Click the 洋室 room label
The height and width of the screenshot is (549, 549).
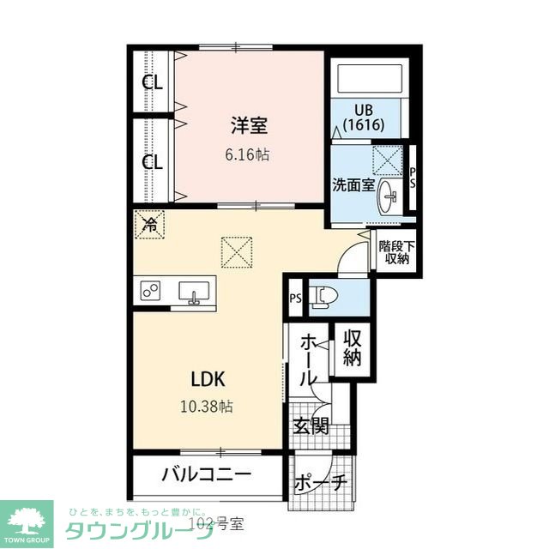249,125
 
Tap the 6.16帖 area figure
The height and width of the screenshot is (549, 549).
247,154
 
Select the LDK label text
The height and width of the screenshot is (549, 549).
208,379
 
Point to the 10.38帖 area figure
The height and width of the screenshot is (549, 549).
207,406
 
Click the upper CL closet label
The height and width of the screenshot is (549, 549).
153,82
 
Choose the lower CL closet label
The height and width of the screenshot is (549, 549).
153,162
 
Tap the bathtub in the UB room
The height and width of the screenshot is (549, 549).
370,78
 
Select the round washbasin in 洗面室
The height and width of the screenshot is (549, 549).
387,196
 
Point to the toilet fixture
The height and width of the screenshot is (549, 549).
325,298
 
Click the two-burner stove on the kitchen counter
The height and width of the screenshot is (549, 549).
151,290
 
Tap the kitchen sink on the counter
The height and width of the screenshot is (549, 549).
195,293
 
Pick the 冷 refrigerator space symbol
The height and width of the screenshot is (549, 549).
150,225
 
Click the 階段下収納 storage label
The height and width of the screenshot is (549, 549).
396,252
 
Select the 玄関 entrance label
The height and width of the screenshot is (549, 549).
311,425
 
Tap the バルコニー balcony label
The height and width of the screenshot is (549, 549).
207,474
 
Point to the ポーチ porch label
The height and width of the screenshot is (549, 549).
320,483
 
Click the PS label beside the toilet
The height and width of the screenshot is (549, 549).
296,299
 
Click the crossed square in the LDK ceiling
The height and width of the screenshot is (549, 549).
237,252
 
